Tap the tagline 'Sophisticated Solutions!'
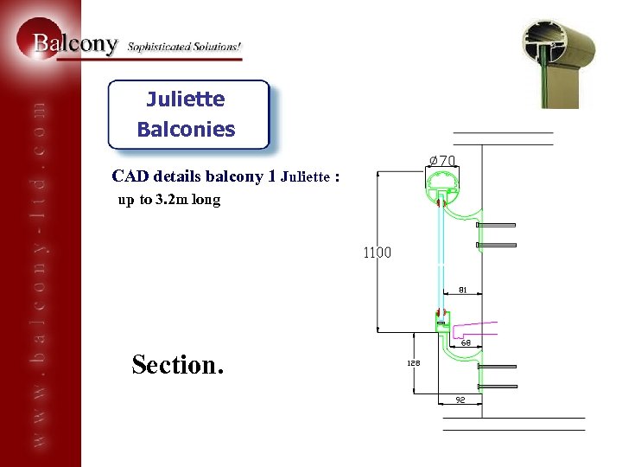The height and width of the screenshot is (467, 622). pos(185,46)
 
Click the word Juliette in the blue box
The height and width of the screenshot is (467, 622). pos(186,99)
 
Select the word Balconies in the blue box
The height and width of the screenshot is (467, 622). pos(186,130)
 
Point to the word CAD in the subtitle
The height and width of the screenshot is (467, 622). pos(130,176)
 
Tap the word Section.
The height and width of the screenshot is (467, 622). pos(177,365)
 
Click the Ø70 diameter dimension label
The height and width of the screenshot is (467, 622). pos(443,160)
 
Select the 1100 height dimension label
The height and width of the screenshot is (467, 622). pos(377,253)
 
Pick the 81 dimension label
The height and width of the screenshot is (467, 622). pos(463,291)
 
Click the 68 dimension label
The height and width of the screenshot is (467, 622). pos(466,342)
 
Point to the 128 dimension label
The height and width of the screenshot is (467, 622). pos(415,364)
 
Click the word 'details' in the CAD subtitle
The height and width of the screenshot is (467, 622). pos(178,176)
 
